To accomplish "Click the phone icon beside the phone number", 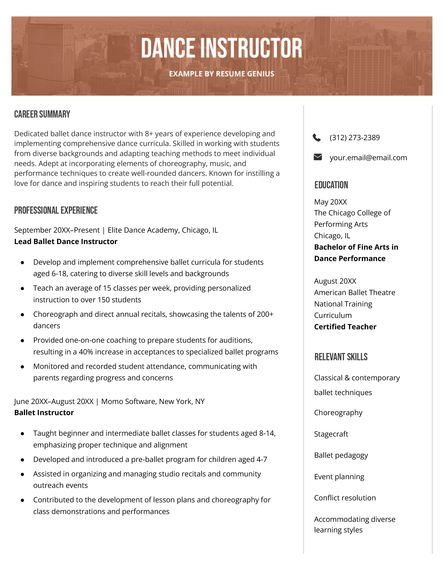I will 317,138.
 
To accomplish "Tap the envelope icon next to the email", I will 318,157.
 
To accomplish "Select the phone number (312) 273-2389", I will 355,138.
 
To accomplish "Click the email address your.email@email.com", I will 368,158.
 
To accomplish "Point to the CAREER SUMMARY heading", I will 42,114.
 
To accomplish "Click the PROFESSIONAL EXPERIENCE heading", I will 56,210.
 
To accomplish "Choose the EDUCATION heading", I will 331,185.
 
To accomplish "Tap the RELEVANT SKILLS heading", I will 341,357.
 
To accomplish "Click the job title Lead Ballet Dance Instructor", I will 66,242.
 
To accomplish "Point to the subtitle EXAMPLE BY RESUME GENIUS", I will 222,74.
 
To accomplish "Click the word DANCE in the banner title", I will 168,48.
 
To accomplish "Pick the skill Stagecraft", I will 331,434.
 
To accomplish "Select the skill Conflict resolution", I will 345,498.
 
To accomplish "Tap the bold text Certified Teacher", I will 345,327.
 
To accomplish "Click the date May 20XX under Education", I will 330,202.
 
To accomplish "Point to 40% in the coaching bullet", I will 86,352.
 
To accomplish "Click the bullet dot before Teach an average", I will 23,289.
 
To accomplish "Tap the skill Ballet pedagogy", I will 341,455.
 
